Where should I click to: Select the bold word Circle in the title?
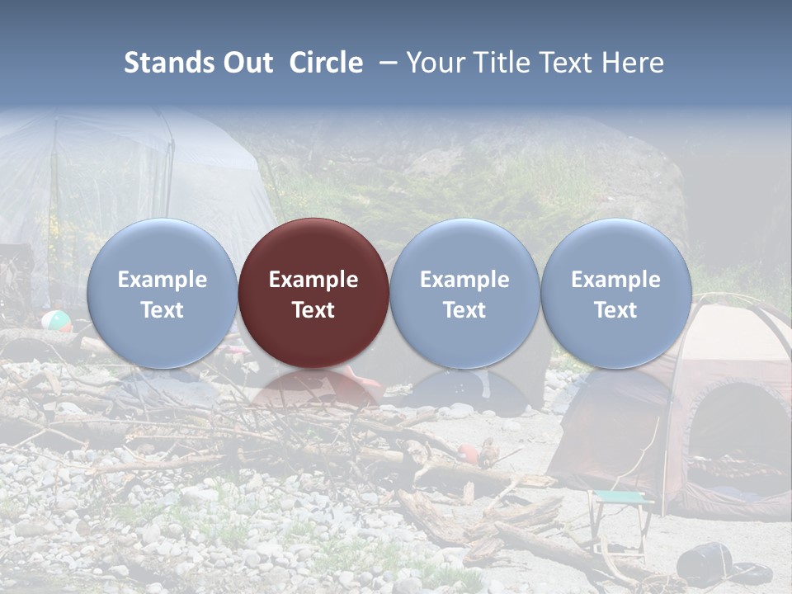pos(326,63)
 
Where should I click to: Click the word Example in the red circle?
pos(313,280)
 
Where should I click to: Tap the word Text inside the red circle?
pos(313,310)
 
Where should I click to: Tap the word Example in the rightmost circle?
pos(616,280)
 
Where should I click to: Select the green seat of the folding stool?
pos(620,497)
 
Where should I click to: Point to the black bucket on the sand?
pos(703,561)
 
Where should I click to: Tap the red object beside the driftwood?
pos(469,452)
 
